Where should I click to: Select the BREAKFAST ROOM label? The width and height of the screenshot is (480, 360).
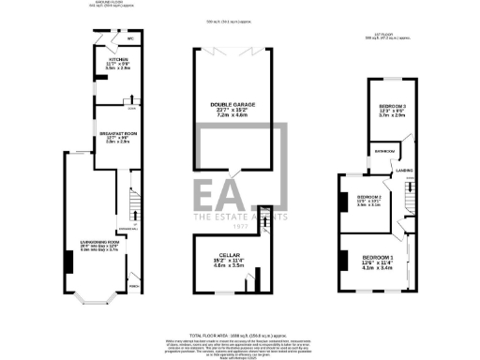118,134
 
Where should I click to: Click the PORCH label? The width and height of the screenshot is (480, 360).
134,287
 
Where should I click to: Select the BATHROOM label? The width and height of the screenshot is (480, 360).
384,151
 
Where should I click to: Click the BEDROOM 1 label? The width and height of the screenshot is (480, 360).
378,256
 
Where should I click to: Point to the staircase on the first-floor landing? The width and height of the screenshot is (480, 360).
409,197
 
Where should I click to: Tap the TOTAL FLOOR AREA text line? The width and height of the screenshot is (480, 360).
240,335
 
